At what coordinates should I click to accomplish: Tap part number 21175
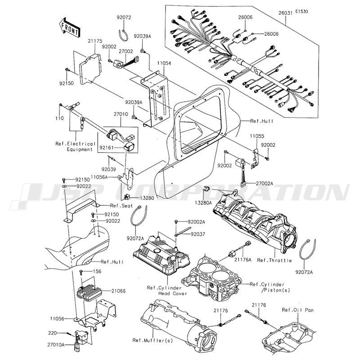(x=96, y=41)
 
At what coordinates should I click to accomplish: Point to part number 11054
(x=163, y=64)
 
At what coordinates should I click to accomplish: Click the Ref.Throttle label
(x=274, y=260)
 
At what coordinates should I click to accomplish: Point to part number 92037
(x=197, y=234)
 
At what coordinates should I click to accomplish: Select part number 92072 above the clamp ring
(x=124, y=18)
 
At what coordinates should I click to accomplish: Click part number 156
(x=97, y=271)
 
